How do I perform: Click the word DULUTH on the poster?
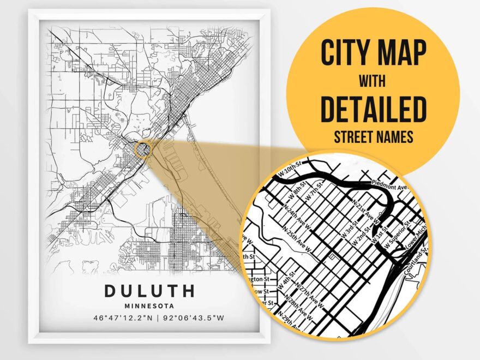click(x=149, y=290)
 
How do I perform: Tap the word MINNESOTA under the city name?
click(x=149, y=306)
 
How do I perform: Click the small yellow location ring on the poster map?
click(x=142, y=149)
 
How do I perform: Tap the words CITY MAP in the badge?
click(x=373, y=53)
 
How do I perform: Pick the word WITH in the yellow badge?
click(x=373, y=81)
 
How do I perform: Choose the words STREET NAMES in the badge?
click(x=373, y=136)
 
